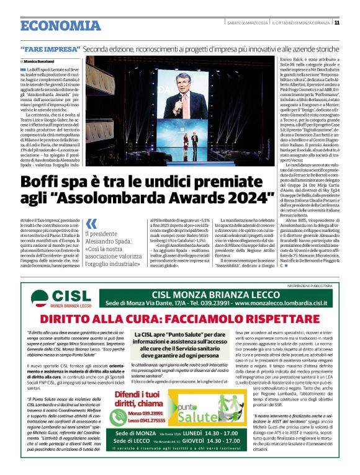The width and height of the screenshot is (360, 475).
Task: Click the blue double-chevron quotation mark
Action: [91, 223]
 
